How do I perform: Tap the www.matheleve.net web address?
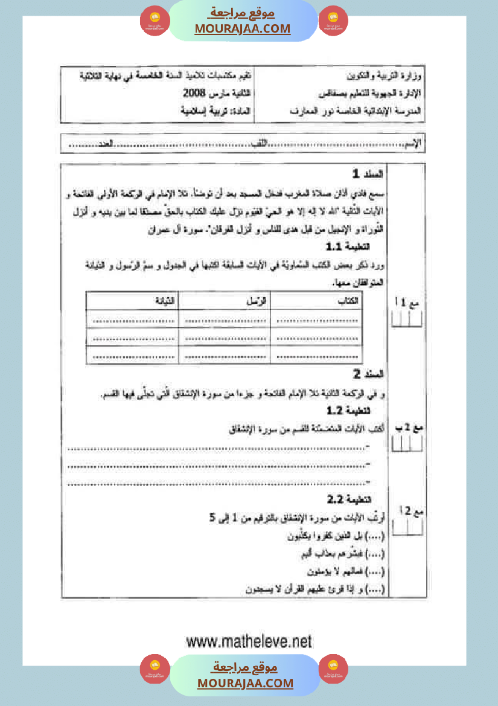pyautogui.click(x=249, y=641)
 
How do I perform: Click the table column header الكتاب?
pyautogui.click(x=350, y=300)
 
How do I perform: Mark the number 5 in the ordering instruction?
pyautogui.click(x=212, y=518)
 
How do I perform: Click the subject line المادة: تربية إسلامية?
pyautogui.click(x=218, y=112)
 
